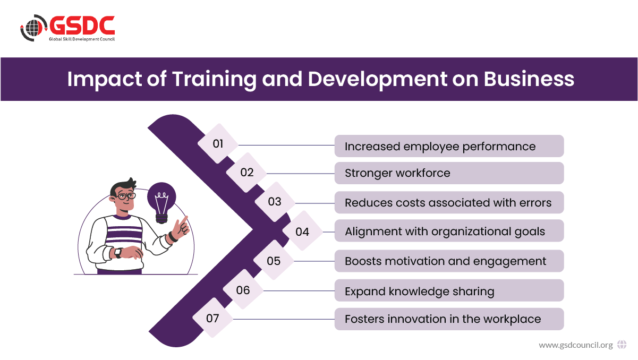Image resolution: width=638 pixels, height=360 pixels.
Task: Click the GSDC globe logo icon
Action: [33, 28]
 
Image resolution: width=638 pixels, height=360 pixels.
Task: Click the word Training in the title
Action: [214, 80]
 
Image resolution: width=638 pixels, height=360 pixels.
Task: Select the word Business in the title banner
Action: [529, 79]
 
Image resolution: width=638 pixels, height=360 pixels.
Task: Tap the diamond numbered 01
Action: [218, 144]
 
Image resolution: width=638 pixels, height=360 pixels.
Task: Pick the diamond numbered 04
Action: [302, 232]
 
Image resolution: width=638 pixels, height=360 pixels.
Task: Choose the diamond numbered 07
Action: [213, 318]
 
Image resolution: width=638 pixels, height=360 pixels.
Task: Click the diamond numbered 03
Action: [275, 202]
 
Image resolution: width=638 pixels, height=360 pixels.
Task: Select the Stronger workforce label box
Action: [449, 173]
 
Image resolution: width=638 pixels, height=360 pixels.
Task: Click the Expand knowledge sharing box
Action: [449, 290]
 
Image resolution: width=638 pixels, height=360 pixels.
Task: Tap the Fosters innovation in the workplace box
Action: [449, 319]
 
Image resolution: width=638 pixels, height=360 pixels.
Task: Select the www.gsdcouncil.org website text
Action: [576, 345]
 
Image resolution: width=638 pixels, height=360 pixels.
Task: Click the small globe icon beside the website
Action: [622, 345]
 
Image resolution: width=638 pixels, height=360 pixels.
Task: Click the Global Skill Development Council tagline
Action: [82, 39]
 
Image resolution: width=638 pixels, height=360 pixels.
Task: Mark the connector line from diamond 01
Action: [286, 145]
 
